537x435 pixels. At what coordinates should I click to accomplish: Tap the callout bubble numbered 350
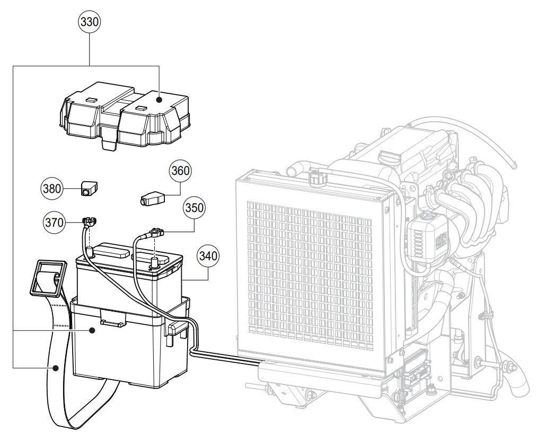193,208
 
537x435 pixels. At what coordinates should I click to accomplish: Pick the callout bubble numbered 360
180,171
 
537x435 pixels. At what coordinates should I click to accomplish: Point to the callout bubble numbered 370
53,223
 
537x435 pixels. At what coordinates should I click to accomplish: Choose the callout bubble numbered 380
52,188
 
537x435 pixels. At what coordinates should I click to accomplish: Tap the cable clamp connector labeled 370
90,221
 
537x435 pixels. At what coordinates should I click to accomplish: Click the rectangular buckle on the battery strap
48,278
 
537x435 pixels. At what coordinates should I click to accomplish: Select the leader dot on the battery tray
92,330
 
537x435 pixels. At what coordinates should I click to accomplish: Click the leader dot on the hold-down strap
55,367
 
